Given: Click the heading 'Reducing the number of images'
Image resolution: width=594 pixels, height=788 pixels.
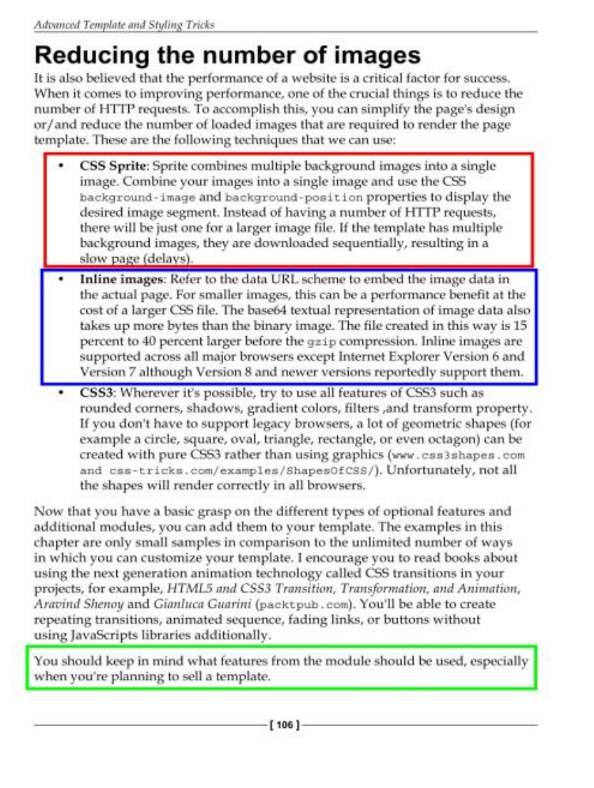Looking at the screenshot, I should pos(227,54).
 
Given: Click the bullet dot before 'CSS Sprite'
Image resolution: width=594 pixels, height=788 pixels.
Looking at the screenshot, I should pos(63,166).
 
